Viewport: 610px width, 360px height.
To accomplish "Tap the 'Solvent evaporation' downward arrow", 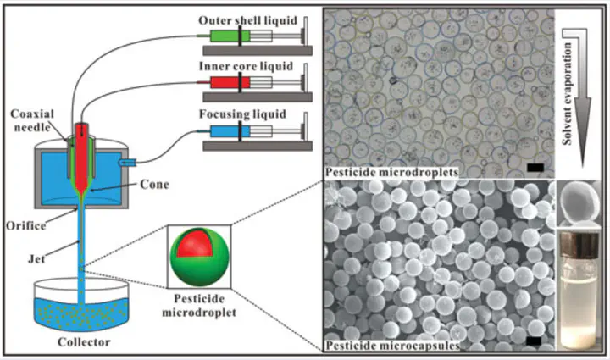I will pyautogui.click(x=581, y=76).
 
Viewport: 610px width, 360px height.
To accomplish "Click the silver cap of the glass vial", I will pyautogui.click(x=579, y=243).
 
